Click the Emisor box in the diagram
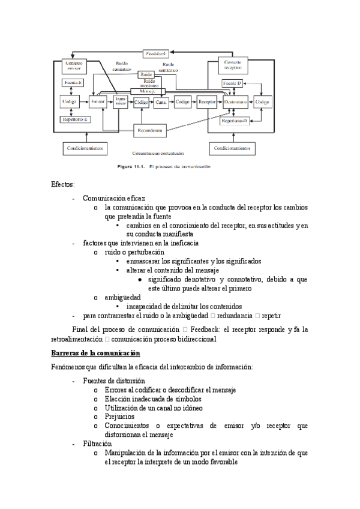point(98,103)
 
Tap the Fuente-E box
point(73,82)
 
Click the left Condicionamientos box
point(86,147)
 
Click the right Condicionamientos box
point(232,147)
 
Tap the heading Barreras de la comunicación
point(95,354)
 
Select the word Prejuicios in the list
point(119,416)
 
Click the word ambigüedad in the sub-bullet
point(122,297)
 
